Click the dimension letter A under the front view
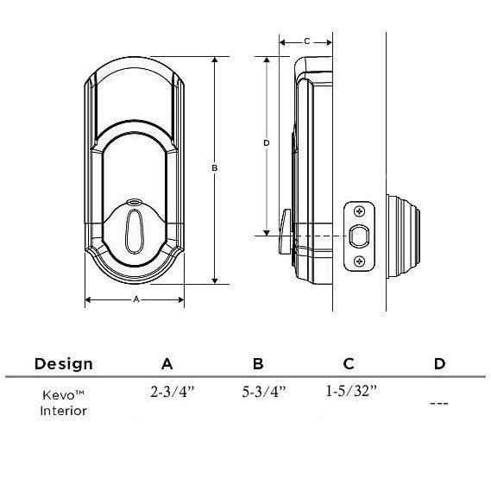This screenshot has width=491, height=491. [135, 299]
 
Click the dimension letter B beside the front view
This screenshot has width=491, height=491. [214, 169]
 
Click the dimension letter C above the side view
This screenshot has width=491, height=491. [306, 41]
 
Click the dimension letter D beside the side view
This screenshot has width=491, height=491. [267, 142]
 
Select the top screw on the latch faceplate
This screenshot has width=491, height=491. [360, 210]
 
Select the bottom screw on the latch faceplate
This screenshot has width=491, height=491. [360, 261]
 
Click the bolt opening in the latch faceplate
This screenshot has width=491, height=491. [360, 236]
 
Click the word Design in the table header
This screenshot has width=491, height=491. [63, 363]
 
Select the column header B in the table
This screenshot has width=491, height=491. [258, 363]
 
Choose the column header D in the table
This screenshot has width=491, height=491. [439, 363]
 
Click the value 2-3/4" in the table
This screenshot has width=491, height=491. [171, 391]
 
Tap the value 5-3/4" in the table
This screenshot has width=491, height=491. [263, 391]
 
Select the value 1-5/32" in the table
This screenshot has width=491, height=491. [351, 391]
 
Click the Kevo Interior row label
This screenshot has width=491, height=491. [63, 402]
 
